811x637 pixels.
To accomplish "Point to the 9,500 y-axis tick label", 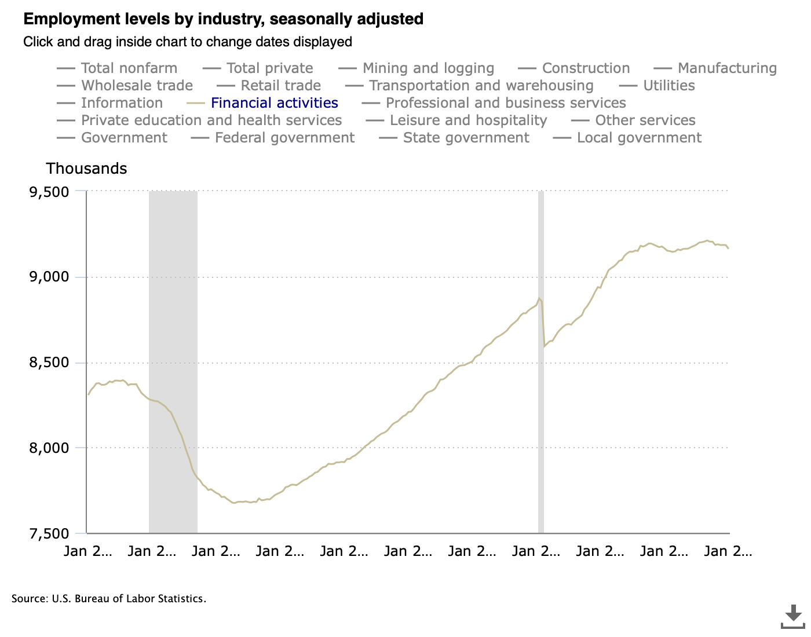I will [49, 192].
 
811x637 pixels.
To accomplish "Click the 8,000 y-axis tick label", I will [49, 448].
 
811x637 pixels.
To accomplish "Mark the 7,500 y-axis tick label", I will [49, 533].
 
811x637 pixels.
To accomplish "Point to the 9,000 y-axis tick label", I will [49, 277].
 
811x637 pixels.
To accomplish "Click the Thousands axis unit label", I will [87, 169].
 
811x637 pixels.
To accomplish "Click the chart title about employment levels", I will [223, 19].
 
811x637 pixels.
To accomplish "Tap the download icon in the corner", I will [793, 616].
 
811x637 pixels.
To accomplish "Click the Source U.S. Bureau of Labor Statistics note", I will [109, 599].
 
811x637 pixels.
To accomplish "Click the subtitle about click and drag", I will [188, 42].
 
